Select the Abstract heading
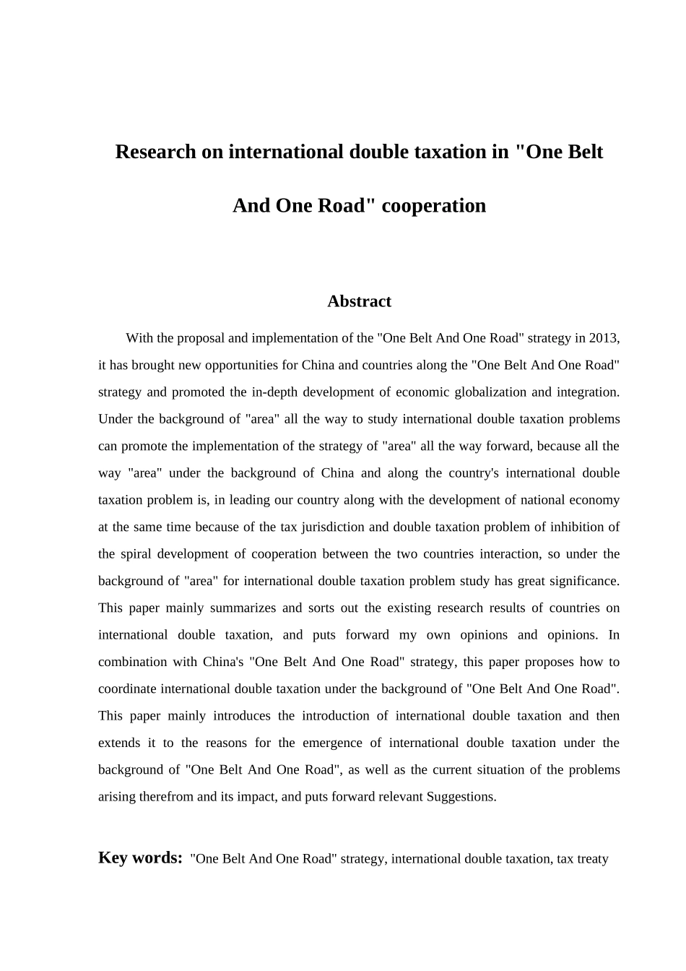359,302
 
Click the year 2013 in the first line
604,338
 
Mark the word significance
583,581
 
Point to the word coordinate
128,689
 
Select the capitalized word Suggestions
461,797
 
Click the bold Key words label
140,858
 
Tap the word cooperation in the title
433,206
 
